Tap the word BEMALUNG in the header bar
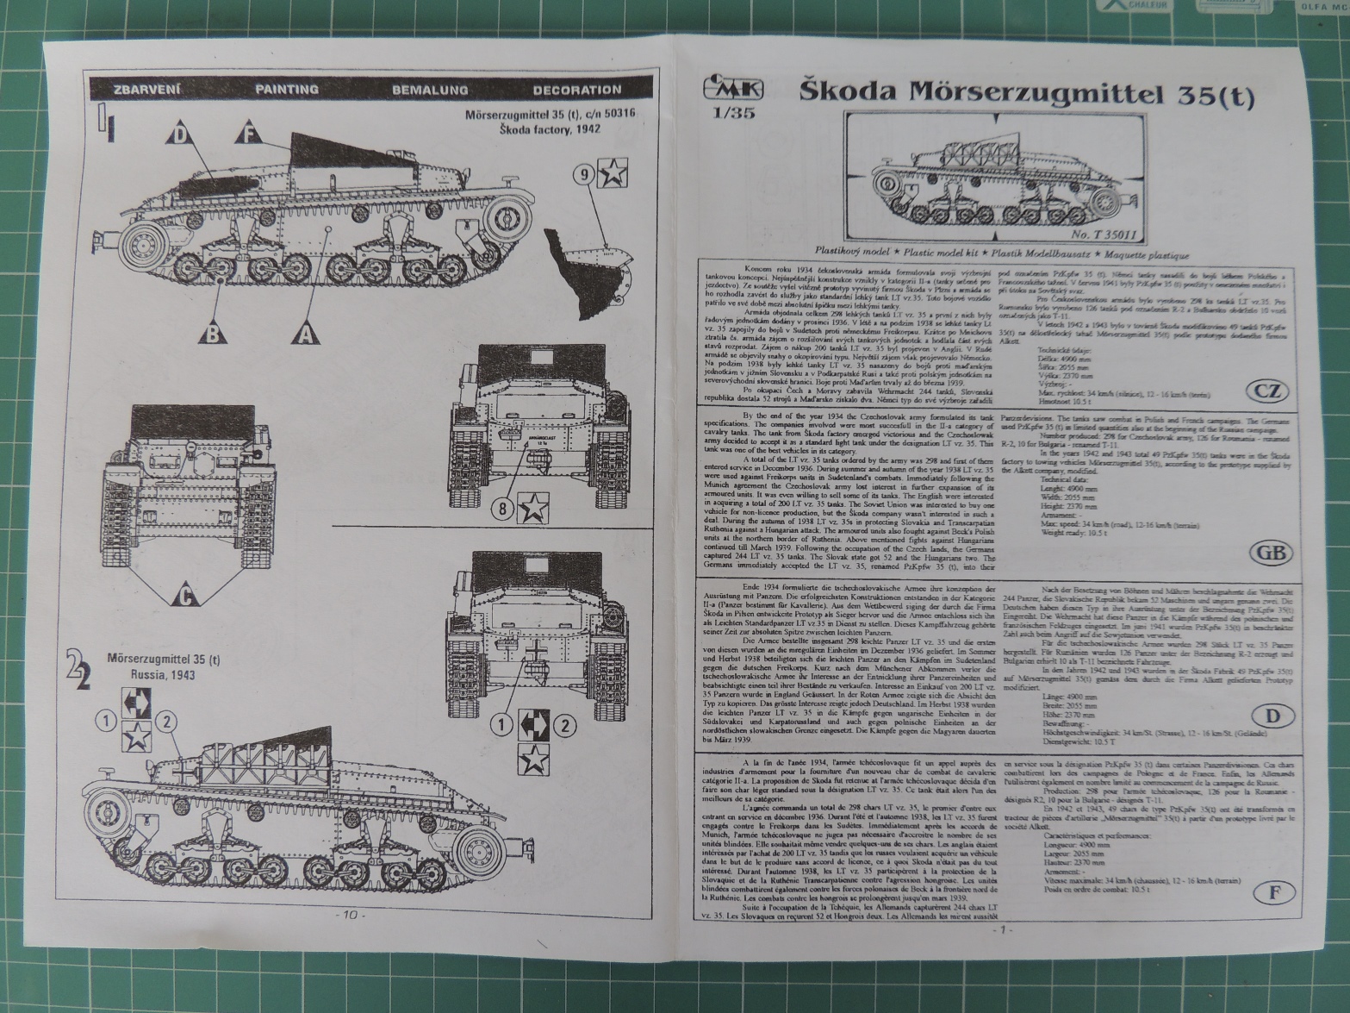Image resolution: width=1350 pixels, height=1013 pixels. click(x=430, y=90)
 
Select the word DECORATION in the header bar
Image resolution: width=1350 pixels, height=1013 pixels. click(x=576, y=90)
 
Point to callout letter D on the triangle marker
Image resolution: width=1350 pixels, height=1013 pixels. click(x=179, y=134)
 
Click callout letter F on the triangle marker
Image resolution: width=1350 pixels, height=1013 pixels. click(x=249, y=134)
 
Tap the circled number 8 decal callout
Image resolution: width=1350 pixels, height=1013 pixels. click(x=504, y=510)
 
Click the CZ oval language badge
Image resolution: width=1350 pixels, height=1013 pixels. click(x=1266, y=391)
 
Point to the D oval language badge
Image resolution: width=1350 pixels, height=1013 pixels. click(x=1272, y=716)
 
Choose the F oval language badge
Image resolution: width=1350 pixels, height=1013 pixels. click(x=1273, y=891)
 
